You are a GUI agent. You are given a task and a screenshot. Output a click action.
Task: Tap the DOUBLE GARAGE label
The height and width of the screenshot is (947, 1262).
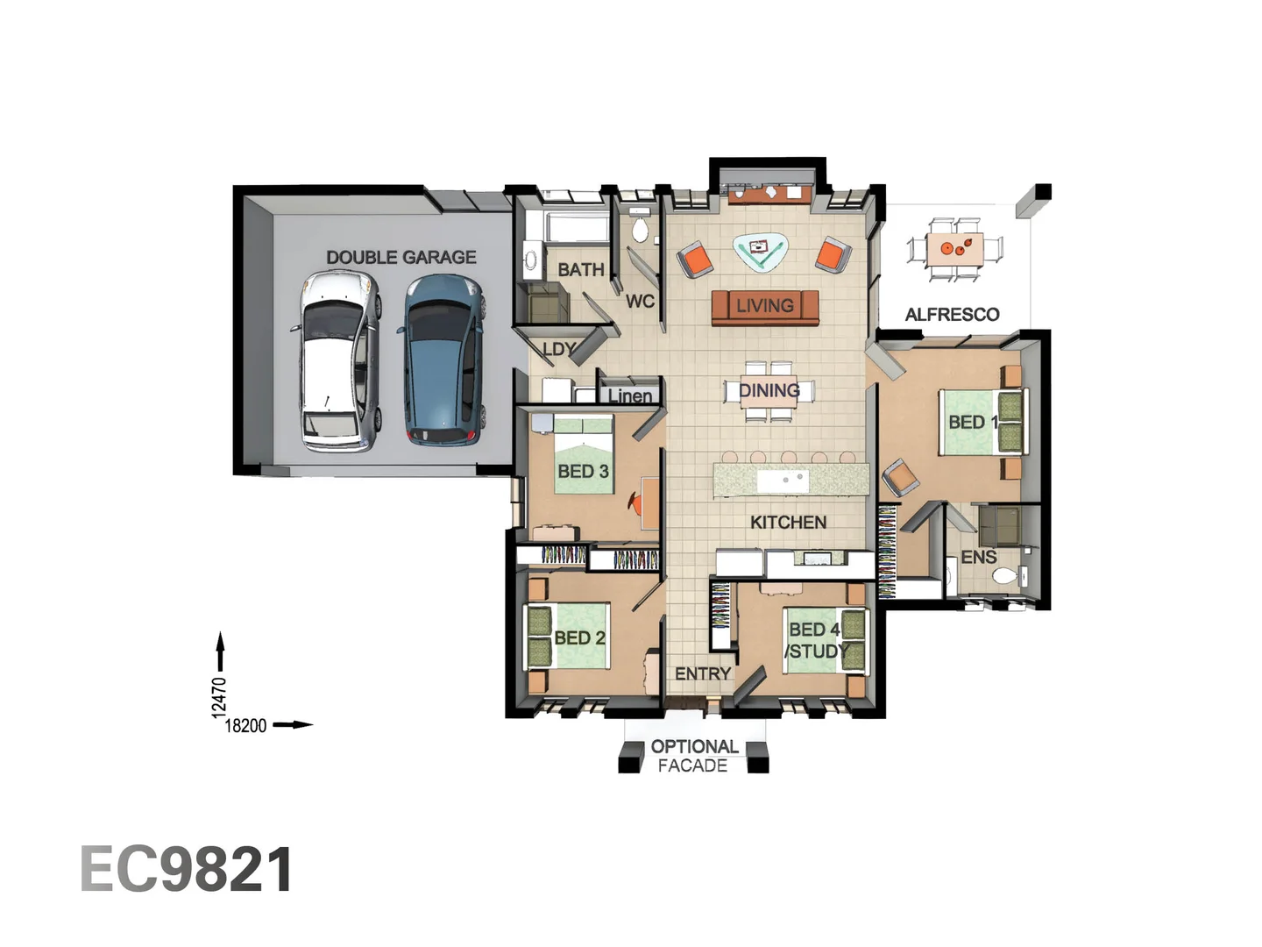tap(401, 257)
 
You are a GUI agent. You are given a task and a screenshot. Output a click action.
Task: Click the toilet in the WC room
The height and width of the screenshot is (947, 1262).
tap(640, 231)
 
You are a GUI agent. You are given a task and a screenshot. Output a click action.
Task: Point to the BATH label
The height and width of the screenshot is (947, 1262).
tap(580, 269)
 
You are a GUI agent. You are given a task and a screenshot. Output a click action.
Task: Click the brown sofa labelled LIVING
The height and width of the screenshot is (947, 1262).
tap(764, 306)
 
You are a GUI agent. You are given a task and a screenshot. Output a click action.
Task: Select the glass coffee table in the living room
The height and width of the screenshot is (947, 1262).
tap(760, 250)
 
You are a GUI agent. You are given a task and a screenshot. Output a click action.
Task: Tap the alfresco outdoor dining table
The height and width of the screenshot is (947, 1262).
tap(954, 248)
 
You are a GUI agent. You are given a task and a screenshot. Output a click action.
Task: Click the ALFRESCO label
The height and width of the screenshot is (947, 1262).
tap(952, 314)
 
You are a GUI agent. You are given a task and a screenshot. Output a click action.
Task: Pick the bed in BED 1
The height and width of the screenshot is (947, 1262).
tap(982, 422)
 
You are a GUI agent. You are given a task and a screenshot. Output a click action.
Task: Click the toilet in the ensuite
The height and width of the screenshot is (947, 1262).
tap(1004, 576)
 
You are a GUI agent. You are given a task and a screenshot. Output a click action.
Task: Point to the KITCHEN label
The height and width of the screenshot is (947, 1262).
tap(788, 522)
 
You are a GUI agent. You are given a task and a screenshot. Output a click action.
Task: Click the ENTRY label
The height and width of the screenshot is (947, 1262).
tap(702, 673)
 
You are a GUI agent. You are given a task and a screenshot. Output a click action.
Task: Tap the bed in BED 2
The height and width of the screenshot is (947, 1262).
tap(566, 637)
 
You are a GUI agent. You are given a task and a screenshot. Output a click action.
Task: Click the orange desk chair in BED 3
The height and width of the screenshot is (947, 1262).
tap(637, 503)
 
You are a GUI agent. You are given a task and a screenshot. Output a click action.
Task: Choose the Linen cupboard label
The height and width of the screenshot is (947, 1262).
tap(630, 395)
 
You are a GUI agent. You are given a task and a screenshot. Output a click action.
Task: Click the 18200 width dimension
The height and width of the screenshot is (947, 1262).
tap(245, 725)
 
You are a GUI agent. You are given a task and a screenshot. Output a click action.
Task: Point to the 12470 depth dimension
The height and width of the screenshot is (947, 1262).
tap(219, 697)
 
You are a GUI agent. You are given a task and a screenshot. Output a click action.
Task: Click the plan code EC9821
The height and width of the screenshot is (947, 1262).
tap(187, 870)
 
